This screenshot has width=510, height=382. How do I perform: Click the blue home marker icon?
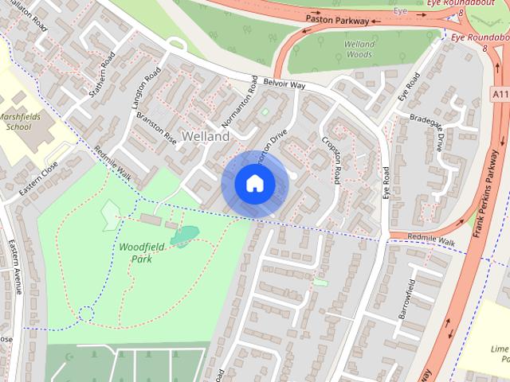coord(254,184)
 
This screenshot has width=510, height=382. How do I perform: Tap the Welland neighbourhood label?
coord(206,136)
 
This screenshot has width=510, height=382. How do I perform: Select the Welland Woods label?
coord(359,49)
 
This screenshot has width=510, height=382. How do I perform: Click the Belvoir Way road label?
coord(284,84)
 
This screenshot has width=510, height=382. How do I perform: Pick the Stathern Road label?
coord(103,72)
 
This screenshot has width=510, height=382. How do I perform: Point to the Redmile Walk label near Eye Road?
coord(431,241)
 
